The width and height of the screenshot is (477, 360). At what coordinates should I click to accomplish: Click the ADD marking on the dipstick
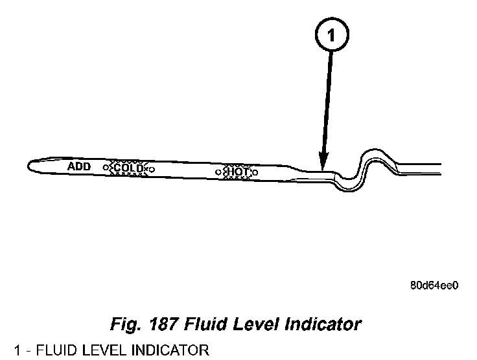(79, 166)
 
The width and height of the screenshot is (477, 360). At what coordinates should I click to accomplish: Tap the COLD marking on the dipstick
(129, 168)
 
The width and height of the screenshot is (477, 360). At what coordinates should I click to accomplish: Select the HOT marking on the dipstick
(237, 172)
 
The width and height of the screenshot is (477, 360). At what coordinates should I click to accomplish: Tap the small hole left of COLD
(106, 168)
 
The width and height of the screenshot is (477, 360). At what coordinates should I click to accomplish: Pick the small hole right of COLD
(153, 170)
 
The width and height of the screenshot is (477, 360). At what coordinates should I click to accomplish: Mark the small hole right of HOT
(255, 173)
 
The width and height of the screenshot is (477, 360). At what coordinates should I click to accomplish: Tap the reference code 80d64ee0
(434, 284)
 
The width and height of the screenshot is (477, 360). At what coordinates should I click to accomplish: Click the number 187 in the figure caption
(170, 322)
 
